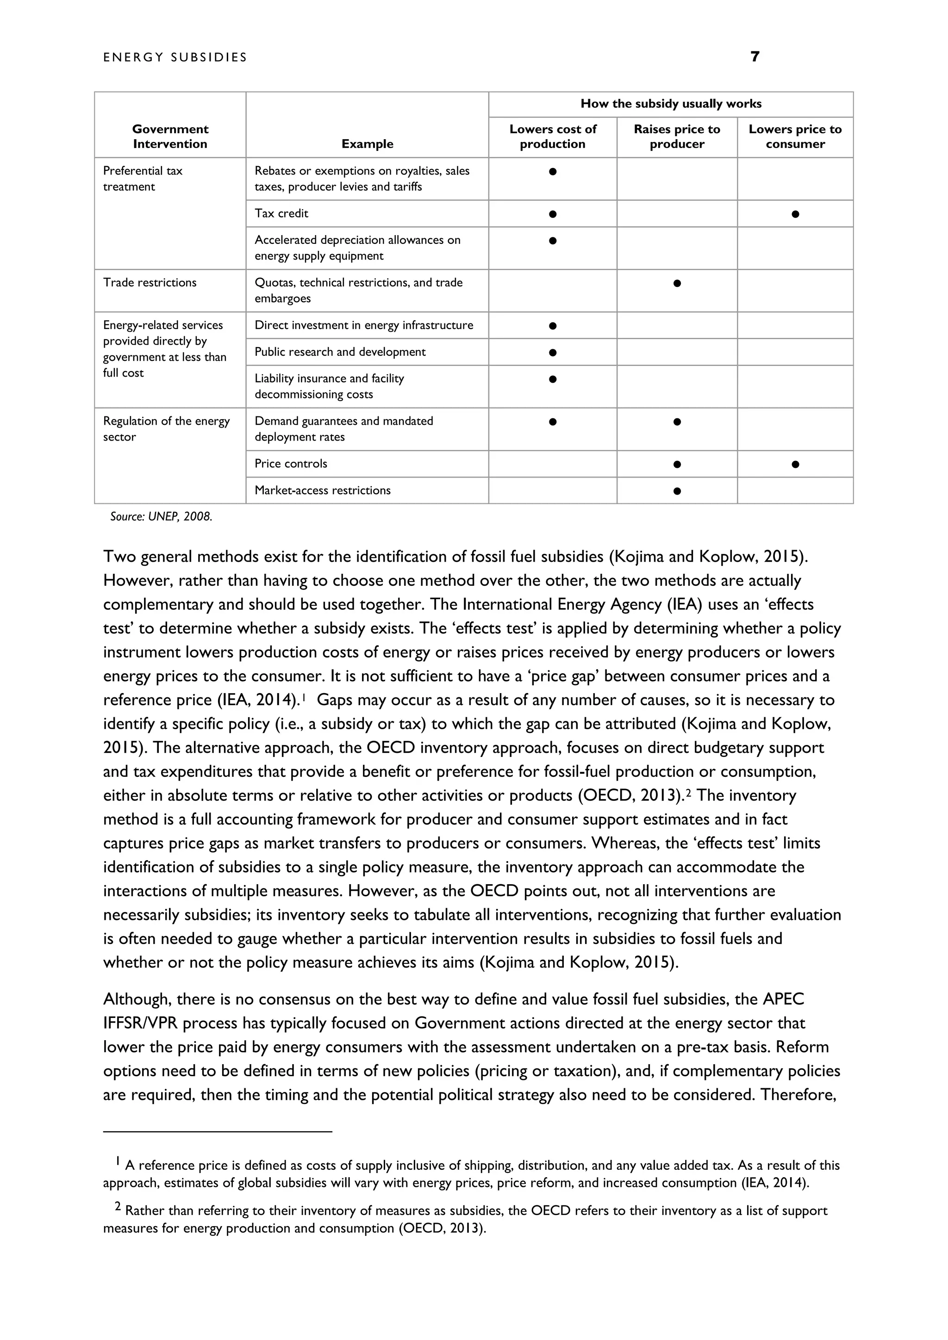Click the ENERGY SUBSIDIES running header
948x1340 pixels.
coord(175,57)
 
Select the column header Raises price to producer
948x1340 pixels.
coord(677,136)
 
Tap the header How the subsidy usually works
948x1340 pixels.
coord(670,104)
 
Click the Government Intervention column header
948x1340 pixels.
coord(170,136)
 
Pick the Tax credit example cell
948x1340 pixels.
coord(281,214)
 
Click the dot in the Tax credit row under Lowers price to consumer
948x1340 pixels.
coord(795,214)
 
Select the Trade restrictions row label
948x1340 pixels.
coord(150,282)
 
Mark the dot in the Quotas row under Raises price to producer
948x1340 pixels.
coord(677,284)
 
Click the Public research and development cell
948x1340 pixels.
coord(340,352)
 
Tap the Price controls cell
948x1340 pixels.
coord(291,464)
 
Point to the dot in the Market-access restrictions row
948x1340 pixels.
coord(677,491)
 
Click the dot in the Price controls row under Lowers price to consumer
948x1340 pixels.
coord(795,465)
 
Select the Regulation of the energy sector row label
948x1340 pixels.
coord(166,429)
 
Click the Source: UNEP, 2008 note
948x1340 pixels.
coord(161,516)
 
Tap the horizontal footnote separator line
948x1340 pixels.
coord(217,1132)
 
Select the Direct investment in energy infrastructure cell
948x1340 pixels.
coord(364,325)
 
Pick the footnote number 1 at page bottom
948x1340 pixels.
coord(118,1161)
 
